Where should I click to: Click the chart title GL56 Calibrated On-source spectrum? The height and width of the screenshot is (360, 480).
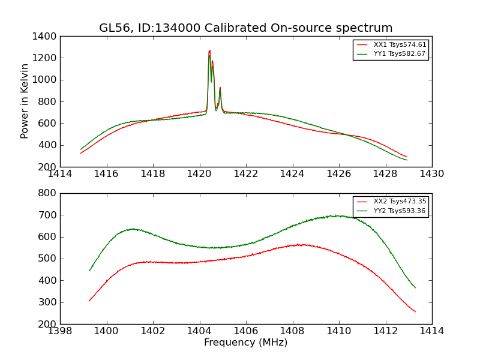point(245,28)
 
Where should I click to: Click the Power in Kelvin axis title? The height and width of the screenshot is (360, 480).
point(25,101)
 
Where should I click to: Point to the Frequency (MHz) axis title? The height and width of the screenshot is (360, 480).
point(245,343)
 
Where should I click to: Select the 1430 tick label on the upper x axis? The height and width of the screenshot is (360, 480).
point(431,174)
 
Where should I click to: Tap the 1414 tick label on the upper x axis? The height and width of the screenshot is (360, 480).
point(60,174)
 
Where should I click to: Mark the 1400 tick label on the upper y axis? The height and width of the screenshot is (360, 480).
point(45,37)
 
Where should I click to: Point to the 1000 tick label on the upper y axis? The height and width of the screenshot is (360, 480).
point(45,80)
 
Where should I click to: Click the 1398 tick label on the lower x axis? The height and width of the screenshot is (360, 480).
point(60,331)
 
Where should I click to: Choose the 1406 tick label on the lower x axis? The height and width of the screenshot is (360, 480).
point(246,331)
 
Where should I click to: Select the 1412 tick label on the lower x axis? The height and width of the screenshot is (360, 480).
point(385,331)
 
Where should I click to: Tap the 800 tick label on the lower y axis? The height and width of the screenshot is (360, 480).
point(47,193)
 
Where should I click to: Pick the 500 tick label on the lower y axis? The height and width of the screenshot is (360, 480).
point(47,259)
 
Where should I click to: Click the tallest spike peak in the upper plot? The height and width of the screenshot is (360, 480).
point(209,51)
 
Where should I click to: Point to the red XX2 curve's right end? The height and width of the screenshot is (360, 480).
point(415,311)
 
